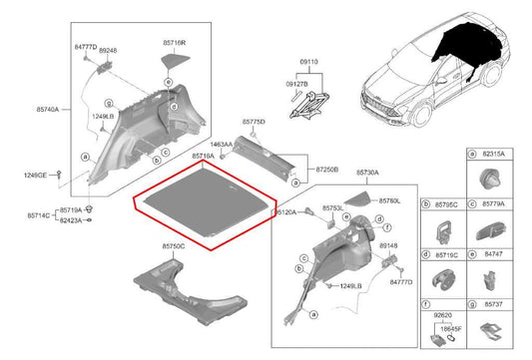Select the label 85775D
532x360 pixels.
[x=254, y=121]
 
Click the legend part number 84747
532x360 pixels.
[x=495, y=253]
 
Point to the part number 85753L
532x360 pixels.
[x=333, y=208]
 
